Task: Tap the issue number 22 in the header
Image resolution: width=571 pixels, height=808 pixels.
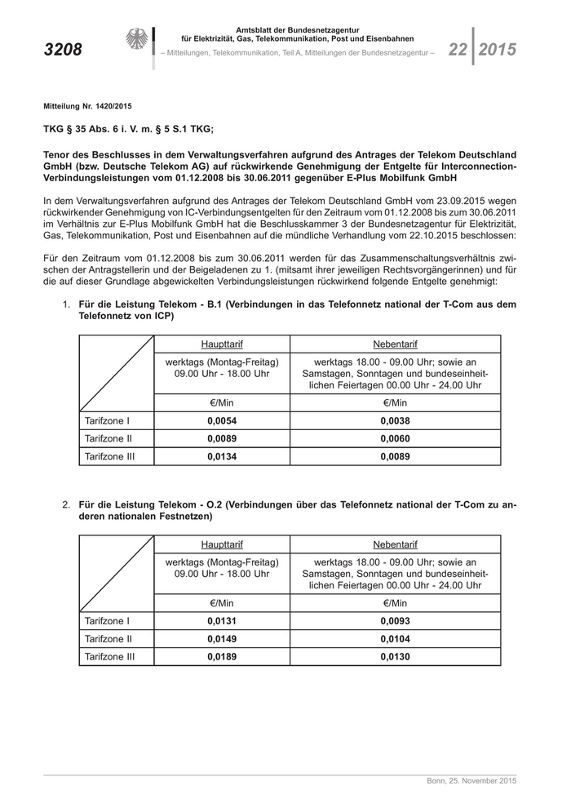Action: (457, 50)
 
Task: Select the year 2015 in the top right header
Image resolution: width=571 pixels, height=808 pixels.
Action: (498, 50)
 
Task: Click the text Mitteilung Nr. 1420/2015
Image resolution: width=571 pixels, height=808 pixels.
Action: (87, 106)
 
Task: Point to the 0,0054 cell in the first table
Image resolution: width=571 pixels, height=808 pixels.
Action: (222, 421)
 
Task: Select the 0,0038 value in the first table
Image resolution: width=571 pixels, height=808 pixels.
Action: (395, 421)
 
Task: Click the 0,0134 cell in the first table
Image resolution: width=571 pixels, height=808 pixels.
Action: (222, 456)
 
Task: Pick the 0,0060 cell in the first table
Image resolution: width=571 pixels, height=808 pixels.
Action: (395, 439)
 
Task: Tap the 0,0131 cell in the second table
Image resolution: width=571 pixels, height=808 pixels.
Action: (222, 621)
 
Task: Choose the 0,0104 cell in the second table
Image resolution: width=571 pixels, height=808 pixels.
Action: (395, 639)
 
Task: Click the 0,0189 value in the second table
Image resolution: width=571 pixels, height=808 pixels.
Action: (222, 656)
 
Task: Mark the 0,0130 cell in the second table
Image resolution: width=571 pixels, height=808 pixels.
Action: (395, 656)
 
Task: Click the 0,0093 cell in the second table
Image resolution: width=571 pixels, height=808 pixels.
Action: (395, 621)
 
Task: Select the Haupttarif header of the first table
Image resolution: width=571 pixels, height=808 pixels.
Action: (222, 344)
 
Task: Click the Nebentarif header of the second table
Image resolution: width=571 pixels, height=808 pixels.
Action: (395, 544)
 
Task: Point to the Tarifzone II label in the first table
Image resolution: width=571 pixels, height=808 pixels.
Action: (108, 439)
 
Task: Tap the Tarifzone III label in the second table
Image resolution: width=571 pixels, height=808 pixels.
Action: (109, 656)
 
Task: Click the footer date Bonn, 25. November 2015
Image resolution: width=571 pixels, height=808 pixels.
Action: (471, 781)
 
